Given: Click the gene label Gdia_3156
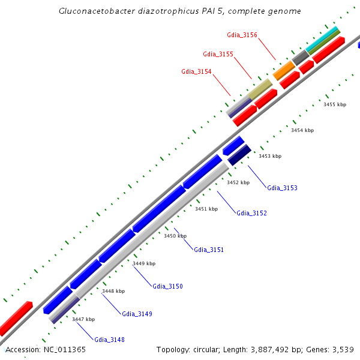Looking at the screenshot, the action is (242, 35).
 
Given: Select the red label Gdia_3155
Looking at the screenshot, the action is (218, 55).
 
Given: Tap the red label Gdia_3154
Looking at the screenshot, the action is (196, 72).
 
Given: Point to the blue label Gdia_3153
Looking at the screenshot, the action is (282, 188).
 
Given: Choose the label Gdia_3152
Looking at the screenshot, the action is (251, 214).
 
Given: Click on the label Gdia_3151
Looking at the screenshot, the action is (209, 250).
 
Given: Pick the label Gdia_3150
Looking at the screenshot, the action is (167, 287).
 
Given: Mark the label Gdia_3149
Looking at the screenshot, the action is (137, 314).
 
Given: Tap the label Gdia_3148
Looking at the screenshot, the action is (109, 340).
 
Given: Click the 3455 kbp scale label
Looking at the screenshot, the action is (335, 105).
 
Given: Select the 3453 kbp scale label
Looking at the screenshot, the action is (270, 157).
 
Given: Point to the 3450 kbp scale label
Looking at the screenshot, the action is (175, 236).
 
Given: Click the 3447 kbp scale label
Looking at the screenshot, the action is (83, 320).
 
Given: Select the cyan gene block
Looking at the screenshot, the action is (323, 39).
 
